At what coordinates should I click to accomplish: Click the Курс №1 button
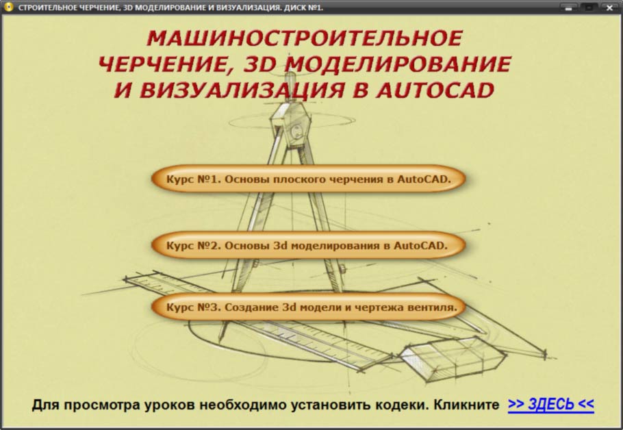pyautogui.click(x=308, y=179)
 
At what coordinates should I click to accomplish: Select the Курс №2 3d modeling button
pyautogui.click(x=308, y=245)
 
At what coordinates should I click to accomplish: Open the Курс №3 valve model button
pyautogui.click(x=308, y=307)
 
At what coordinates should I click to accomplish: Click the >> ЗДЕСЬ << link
pyautogui.click(x=550, y=404)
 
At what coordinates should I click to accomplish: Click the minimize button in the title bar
pyautogui.click(x=569, y=8)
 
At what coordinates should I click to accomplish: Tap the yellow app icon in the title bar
pyautogui.click(x=8, y=7)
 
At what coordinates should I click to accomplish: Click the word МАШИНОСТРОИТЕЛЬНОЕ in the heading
pyautogui.click(x=305, y=38)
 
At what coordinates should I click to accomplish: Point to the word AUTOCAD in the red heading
pyautogui.click(x=435, y=90)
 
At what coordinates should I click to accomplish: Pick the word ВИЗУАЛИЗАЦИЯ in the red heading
pyautogui.click(x=242, y=90)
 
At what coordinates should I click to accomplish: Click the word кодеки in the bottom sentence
pyautogui.click(x=401, y=405)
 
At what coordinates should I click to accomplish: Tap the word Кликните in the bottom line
pyautogui.click(x=466, y=405)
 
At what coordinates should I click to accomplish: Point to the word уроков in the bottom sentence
pyautogui.click(x=169, y=405)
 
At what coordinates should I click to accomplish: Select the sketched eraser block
pyautogui.click(x=453, y=359)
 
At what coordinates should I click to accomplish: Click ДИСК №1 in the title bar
pyautogui.click(x=303, y=8)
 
